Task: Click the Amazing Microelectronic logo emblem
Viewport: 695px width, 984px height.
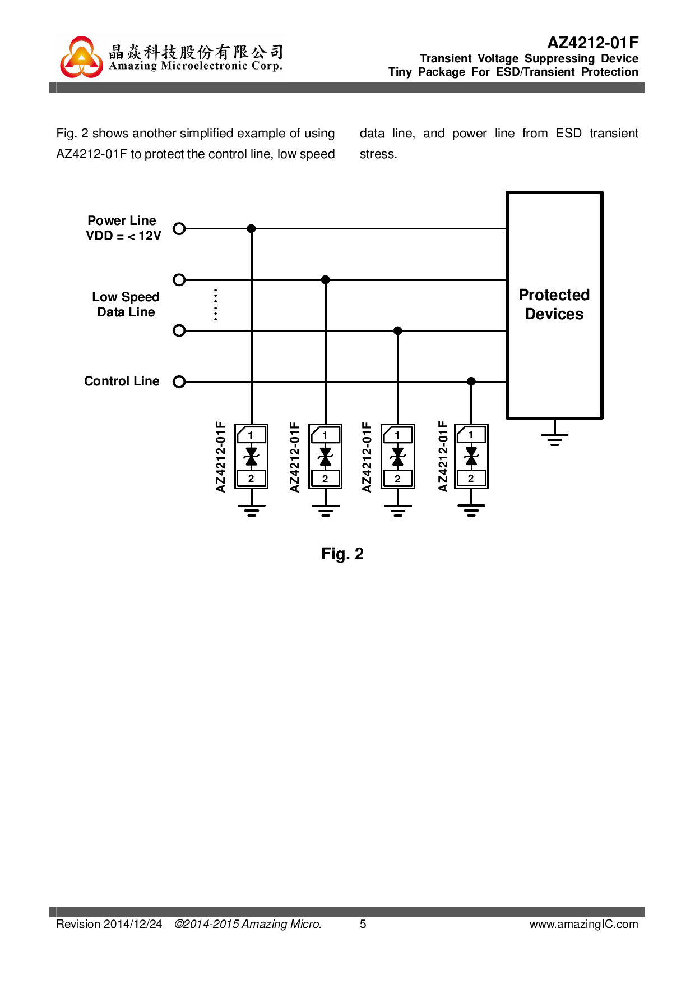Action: [x=82, y=57]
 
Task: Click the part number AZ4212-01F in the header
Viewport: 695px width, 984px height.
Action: [x=592, y=43]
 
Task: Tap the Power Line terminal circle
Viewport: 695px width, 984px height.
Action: [x=179, y=229]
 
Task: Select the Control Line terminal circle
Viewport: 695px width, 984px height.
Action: [x=179, y=381]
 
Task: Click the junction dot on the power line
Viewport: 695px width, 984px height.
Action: [x=252, y=229]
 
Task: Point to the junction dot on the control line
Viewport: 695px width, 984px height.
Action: [x=471, y=381]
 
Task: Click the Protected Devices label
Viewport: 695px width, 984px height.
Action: [x=554, y=305]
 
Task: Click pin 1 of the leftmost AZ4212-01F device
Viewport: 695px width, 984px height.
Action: [x=251, y=435]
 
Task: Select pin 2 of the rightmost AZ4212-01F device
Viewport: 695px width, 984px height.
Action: [x=471, y=479]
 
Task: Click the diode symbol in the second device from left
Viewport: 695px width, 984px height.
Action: [x=325, y=457]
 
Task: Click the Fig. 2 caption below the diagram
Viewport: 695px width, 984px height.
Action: [x=342, y=554]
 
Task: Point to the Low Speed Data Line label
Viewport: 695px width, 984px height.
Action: [x=126, y=305]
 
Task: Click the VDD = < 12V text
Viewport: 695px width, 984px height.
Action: [x=123, y=236]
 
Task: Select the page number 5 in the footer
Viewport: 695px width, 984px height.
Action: [x=363, y=924]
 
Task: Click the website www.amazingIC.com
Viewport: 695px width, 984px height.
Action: [x=583, y=924]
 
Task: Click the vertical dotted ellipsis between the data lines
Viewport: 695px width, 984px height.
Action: [x=216, y=305]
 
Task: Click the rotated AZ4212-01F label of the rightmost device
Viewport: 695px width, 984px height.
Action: [x=443, y=457]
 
